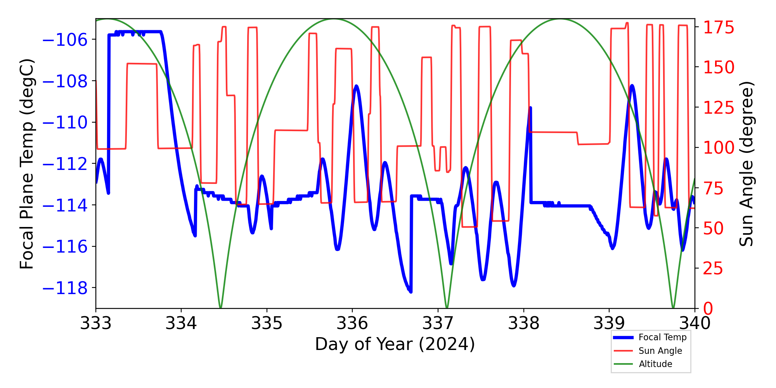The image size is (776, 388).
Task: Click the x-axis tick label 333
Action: point(95,323)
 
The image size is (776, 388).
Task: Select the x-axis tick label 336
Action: point(352,323)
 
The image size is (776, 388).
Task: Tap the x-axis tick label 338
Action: point(523,323)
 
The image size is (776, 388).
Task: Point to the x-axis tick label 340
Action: point(695,323)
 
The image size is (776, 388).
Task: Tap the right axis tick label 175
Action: point(719,28)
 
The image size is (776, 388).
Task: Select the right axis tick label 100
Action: point(719,147)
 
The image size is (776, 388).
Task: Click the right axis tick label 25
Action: point(713,268)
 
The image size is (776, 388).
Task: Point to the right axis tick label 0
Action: point(708,309)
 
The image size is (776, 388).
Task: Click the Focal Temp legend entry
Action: point(662,338)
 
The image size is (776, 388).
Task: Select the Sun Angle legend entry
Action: point(660,351)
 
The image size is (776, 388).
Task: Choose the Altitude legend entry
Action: point(655,364)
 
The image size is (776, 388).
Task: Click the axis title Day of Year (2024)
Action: point(395,344)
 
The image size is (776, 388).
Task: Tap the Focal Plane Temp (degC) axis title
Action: point(27,164)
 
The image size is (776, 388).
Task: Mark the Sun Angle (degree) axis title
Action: point(746,164)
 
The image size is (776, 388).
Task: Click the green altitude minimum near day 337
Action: point(447,307)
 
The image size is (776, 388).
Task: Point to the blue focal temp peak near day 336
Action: point(356,86)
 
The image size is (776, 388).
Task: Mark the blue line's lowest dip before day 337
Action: point(411,291)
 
